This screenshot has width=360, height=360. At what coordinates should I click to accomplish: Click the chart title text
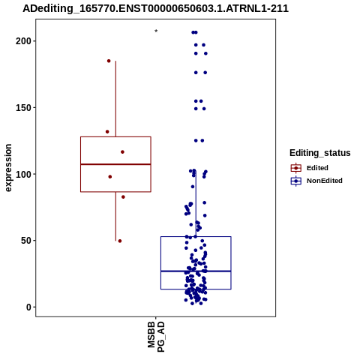point(155,8)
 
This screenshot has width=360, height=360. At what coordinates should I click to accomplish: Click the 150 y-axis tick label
point(23,108)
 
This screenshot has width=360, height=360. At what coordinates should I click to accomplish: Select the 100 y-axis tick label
point(23,174)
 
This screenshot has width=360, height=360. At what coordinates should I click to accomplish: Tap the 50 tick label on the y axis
point(26,241)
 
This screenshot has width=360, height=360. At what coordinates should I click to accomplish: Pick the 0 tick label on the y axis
point(29,307)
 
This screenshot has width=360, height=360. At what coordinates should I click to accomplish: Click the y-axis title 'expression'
point(8,168)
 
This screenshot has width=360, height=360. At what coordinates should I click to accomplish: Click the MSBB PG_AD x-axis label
point(156,337)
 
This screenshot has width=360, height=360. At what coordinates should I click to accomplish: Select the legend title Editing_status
point(320,153)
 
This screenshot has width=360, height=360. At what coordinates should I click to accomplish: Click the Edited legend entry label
point(317,168)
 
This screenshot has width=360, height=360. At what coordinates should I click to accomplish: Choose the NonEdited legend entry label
point(325,181)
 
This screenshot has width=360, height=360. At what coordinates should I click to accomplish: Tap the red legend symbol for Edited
point(296,168)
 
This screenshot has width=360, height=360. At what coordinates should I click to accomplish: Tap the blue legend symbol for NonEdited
point(296,181)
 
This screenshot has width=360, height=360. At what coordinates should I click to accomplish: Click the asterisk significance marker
point(156,31)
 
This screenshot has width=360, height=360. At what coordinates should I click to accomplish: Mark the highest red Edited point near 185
point(109,61)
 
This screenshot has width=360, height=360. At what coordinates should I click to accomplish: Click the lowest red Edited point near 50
point(120,241)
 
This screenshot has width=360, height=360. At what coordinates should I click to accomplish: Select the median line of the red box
point(115,164)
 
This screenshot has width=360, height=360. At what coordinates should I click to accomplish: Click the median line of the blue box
point(196,271)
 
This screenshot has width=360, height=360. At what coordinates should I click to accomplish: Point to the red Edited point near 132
point(107,132)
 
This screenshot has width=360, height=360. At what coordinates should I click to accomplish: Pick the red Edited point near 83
point(123,197)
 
